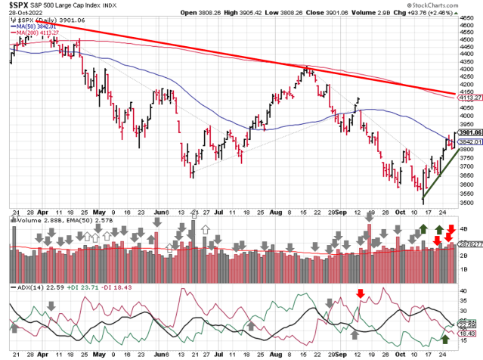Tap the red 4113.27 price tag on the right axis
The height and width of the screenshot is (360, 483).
[469, 98]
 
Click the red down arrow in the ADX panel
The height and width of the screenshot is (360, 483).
[361, 293]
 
